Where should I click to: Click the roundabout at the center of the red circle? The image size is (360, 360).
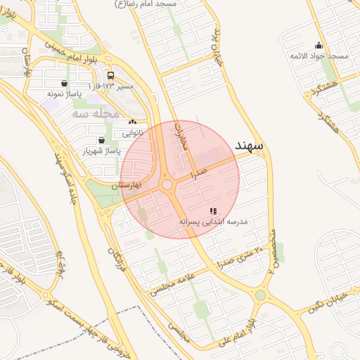click(x=167, y=185)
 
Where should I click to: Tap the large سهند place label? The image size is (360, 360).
click(x=248, y=146)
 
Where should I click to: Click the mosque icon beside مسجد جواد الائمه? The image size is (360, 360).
click(x=319, y=46)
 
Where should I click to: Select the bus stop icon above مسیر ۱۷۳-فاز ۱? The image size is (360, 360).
click(x=110, y=75)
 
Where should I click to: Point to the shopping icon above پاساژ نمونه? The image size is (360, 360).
click(x=65, y=83)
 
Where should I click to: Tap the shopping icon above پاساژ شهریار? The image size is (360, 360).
click(x=103, y=140)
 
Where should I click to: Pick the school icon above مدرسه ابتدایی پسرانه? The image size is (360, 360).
click(x=213, y=211)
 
